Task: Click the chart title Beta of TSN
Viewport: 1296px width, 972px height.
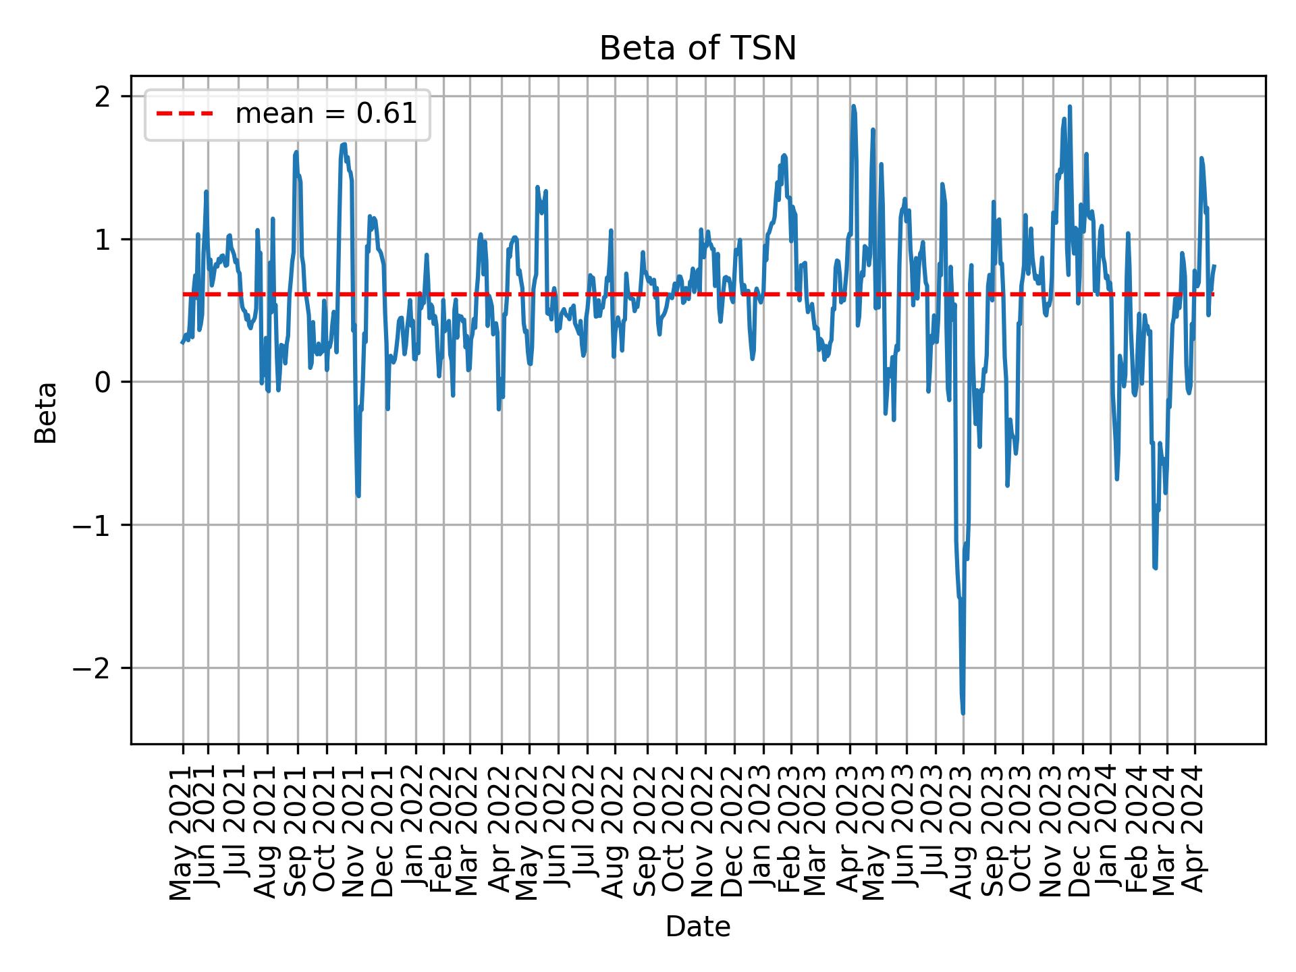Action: click(x=698, y=49)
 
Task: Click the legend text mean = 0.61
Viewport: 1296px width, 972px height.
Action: click(x=325, y=115)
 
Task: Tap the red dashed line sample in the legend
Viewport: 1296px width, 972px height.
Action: click(x=185, y=115)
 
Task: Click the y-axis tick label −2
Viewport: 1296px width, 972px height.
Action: click(x=92, y=668)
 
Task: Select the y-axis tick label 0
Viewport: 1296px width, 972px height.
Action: click(x=103, y=383)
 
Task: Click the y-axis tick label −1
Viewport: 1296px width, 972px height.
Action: click(x=92, y=525)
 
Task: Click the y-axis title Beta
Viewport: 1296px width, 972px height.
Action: click(x=46, y=412)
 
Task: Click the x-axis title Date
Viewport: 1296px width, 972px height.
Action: click(x=698, y=927)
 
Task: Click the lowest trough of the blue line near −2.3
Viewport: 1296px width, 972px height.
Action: click(x=963, y=713)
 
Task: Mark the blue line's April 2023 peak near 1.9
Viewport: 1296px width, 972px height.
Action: click(x=854, y=106)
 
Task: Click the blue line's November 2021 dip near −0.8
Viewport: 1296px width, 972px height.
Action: click(x=358, y=496)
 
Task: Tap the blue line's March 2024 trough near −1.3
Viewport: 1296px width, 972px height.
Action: click(x=1156, y=568)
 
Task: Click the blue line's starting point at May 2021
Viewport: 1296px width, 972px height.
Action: click(x=182, y=343)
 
